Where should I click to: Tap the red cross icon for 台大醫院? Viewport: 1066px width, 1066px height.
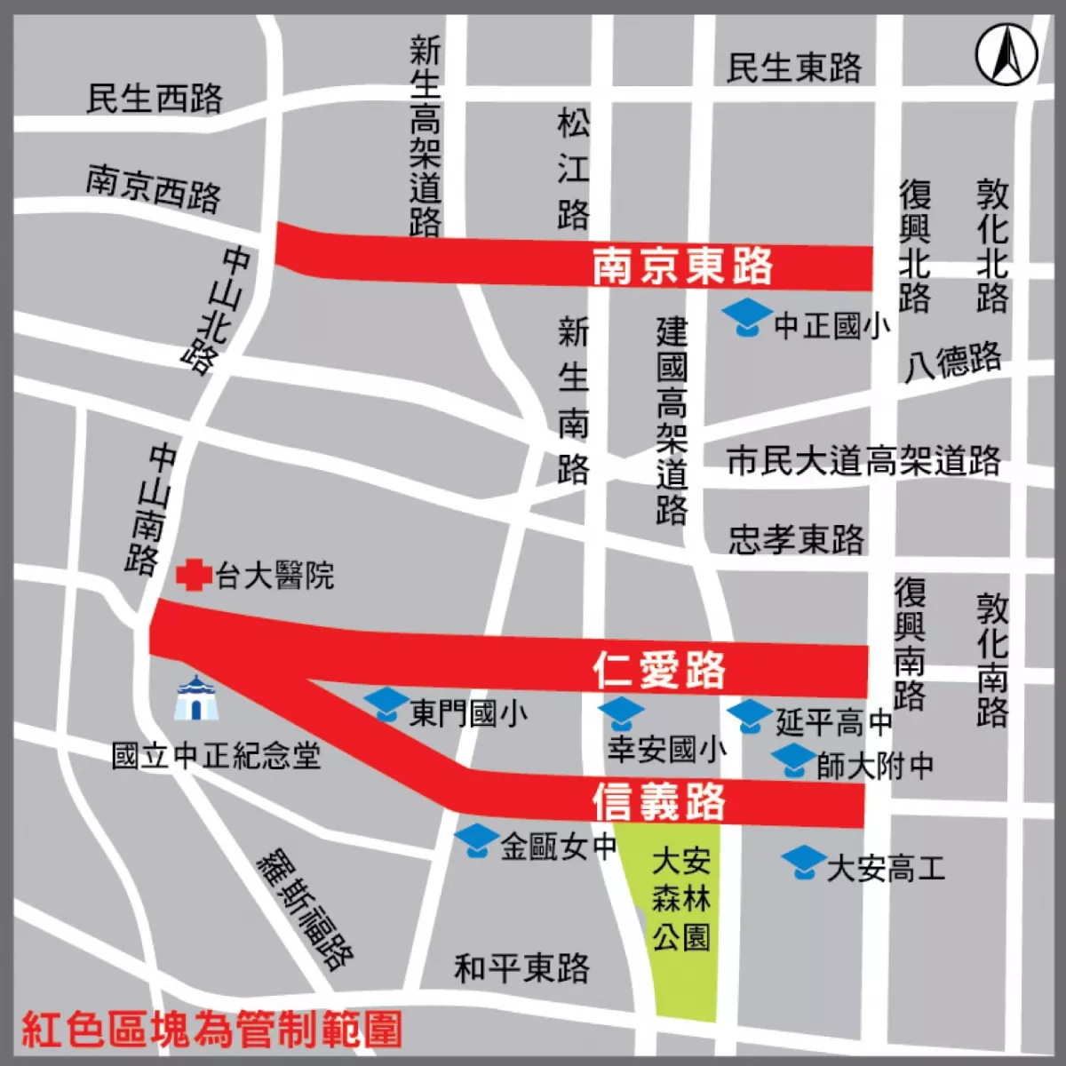(194, 575)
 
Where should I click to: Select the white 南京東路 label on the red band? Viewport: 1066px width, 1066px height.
(682, 266)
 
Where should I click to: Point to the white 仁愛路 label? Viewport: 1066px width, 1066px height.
(659, 669)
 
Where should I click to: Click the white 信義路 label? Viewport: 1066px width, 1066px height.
(659, 800)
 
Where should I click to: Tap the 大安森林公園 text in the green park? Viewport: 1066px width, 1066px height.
(681, 898)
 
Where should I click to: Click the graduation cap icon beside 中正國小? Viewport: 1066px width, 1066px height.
(747, 316)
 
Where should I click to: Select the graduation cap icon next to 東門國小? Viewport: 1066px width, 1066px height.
(386, 704)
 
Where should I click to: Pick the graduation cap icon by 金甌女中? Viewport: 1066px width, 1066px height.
(477, 840)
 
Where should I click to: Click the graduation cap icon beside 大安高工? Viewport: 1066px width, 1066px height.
(804, 861)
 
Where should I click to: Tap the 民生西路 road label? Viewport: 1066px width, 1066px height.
(154, 98)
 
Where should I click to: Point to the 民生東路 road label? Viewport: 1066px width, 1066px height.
(793, 67)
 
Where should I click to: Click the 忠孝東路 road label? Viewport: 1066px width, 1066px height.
(796, 538)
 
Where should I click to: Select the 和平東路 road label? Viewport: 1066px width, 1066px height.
(521, 967)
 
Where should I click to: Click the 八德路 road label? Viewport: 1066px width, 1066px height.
(952, 361)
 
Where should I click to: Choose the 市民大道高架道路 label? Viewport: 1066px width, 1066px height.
(863, 460)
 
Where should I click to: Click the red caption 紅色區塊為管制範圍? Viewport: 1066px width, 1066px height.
(211, 1030)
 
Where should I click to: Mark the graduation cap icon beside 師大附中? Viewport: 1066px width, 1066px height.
(792, 761)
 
